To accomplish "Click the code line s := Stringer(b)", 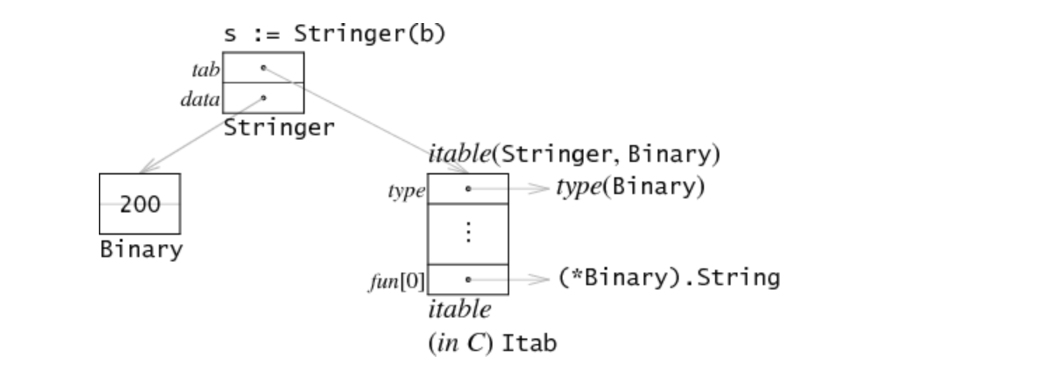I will pyautogui.click(x=334, y=34).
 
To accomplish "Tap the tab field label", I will pyautogui.click(x=205, y=69).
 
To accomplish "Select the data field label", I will pyautogui.click(x=200, y=100).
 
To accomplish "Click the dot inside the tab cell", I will pyautogui.click(x=263, y=68).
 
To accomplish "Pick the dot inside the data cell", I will pyautogui.click(x=263, y=98).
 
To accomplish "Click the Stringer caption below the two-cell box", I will pyautogui.click(x=279, y=128).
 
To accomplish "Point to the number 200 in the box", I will pyautogui.click(x=140, y=205).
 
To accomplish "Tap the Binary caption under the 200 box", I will pyautogui.click(x=141, y=249).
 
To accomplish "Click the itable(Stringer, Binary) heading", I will pyautogui.click(x=574, y=154).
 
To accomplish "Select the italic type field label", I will pyautogui.click(x=406, y=191).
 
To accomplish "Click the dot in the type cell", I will pyautogui.click(x=468, y=188).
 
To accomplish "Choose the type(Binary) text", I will pyautogui.click(x=630, y=187).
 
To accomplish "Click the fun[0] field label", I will pyautogui.click(x=396, y=282).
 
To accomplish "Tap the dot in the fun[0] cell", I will pyautogui.click(x=468, y=280).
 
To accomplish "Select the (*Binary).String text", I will pyautogui.click(x=669, y=278).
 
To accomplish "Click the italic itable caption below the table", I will pyautogui.click(x=459, y=309).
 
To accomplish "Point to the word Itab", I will pyautogui.click(x=530, y=344).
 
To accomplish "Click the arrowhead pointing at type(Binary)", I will pyautogui.click(x=541, y=188).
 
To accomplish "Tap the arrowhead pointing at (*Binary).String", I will pyautogui.click(x=541, y=280).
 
